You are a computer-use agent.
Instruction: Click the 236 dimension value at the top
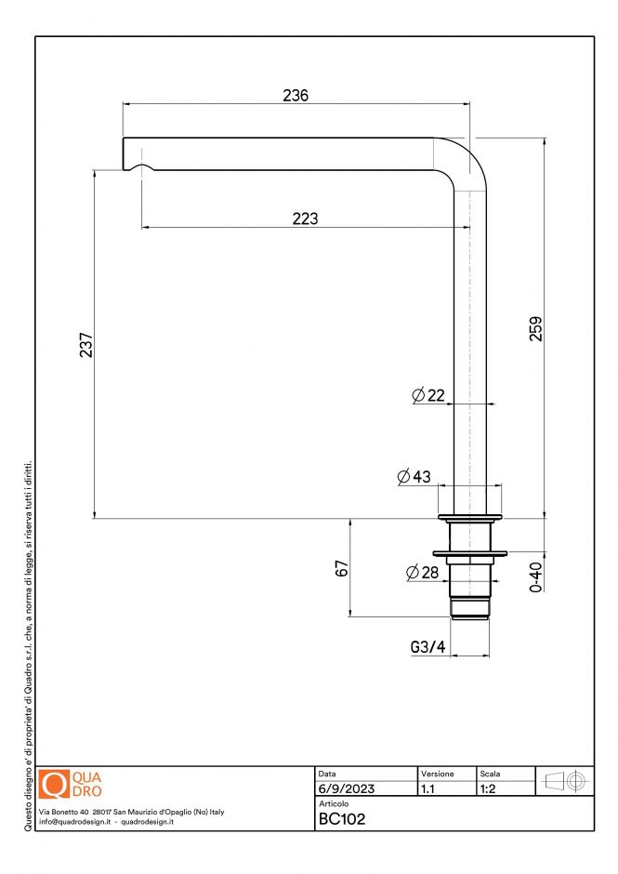pos(296,95)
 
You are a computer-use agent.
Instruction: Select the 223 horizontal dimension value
pos(305,218)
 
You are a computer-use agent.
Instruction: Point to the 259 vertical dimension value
pos(535,329)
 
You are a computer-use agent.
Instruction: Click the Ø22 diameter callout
pos(428,395)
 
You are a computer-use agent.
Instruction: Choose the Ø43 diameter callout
pos(414,477)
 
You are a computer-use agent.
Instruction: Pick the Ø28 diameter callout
pos(422,573)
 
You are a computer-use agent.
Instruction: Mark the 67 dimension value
pos(341,568)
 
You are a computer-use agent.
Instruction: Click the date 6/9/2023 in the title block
pos(346,788)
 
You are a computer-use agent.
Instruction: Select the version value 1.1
pos(428,788)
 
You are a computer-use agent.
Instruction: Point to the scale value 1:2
pos(487,788)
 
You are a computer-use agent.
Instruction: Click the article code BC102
pos(341,819)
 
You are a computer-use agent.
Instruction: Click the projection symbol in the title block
pos(564,781)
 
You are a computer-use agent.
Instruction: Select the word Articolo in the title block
pos(334,803)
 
